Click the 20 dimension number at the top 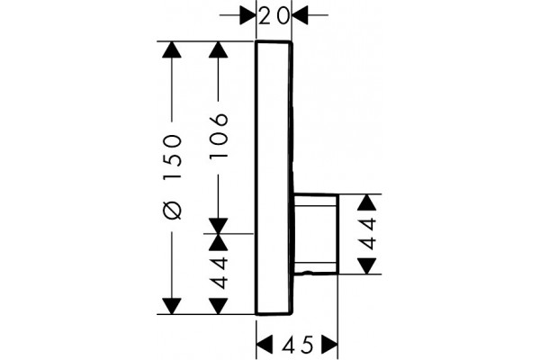pyautogui.click(x=274, y=16)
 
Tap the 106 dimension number pyautogui.click(x=219, y=135)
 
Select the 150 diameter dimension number pyautogui.click(x=172, y=157)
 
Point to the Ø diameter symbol pyautogui.click(x=172, y=210)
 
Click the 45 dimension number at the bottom pyautogui.click(x=298, y=345)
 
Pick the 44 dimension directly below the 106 pyautogui.click(x=219, y=273)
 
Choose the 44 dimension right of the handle pyautogui.click(x=366, y=234)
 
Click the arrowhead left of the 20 pyautogui.click(x=248, y=15)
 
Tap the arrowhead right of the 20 pyautogui.click(x=300, y=15)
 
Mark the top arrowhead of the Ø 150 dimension pyautogui.click(x=172, y=49)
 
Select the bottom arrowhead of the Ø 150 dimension pyautogui.click(x=172, y=306)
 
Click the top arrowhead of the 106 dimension pyautogui.click(x=219, y=49)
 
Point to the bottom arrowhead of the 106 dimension pyautogui.click(x=219, y=226)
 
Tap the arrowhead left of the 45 pyautogui.click(x=265, y=345)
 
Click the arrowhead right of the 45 pyautogui.click(x=329, y=345)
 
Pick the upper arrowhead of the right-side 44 pyautogui.click(x=366, y=202)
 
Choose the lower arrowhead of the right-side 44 pyautogui.click(x=366, y=266)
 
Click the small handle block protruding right pyautogui.click(x=316, y=234)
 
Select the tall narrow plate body pyautogui.click(x=274, y=178)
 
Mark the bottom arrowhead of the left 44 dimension pyautogui.click(x=219, y=306)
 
